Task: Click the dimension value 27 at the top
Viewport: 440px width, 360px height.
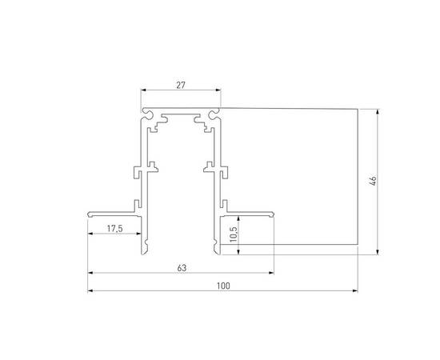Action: (x=181, y=82)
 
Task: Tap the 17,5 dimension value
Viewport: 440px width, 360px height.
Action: (x=115, y=230)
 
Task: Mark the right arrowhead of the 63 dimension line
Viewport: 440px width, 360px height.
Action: (x=271, y=273)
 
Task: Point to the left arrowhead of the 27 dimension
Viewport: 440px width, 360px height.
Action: (x=145, y=90)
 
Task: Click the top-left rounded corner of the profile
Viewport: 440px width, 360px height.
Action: (x=145, y=112)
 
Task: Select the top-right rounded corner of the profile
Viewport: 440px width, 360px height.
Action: (x=218, y=112)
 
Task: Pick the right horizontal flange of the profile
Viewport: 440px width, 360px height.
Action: (x=249, y=213)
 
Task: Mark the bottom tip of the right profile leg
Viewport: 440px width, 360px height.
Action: (x=216, y=253)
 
